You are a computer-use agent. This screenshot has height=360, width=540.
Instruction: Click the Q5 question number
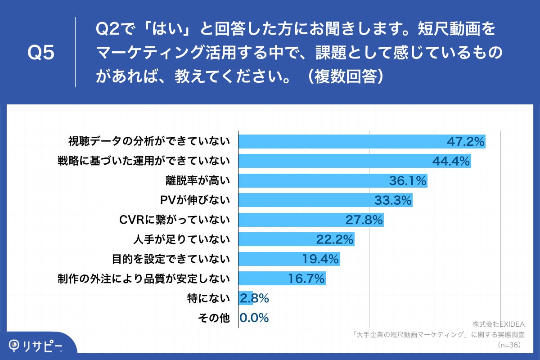41,53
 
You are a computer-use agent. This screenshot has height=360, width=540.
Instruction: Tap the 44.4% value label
451,161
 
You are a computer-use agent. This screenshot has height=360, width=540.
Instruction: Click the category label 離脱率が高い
198,181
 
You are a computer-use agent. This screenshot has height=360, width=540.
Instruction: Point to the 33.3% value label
393,201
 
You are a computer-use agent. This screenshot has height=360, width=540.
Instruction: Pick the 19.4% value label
320,260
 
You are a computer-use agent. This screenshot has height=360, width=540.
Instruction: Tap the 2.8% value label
254,298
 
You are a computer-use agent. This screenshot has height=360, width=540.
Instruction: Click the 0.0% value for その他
254,318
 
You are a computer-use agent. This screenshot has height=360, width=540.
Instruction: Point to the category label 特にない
208,298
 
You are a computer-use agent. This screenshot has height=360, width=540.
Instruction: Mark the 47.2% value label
465,141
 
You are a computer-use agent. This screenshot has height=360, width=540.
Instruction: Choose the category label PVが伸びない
195,201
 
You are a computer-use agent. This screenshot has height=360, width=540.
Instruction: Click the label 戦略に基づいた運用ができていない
144,161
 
